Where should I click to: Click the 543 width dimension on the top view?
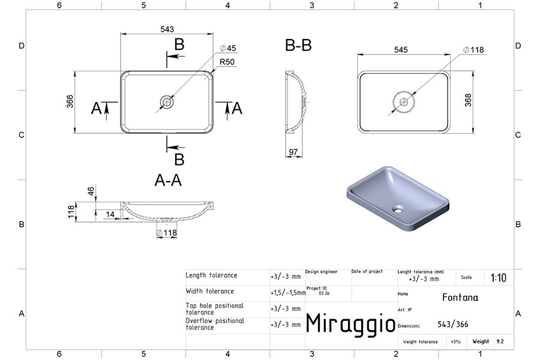pos(167,29)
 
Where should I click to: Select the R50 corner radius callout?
pos(227,62)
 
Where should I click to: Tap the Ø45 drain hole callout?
pos(228,48)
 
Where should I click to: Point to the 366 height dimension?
pos(70,101)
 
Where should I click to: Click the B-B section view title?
pos(298,45)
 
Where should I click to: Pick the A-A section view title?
pos(168,180)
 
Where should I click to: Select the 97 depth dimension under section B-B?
pos(293,152)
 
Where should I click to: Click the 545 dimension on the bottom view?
pos(401,50)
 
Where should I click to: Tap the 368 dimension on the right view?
pos(468,100)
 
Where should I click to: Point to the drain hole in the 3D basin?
pos(398,208)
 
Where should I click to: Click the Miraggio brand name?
pos(350,324)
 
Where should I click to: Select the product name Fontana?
pos(460,298)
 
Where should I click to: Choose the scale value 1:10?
pos(499,278)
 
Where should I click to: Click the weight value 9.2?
pos(500,341)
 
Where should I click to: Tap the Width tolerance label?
pos(210,291)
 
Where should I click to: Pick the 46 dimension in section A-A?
pos(91,191)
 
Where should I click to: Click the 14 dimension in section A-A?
pos(110,214)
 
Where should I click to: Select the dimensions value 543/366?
pos(453,324)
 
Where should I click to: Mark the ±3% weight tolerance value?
pos(455,342)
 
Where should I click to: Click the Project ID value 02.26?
pos(324,293)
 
